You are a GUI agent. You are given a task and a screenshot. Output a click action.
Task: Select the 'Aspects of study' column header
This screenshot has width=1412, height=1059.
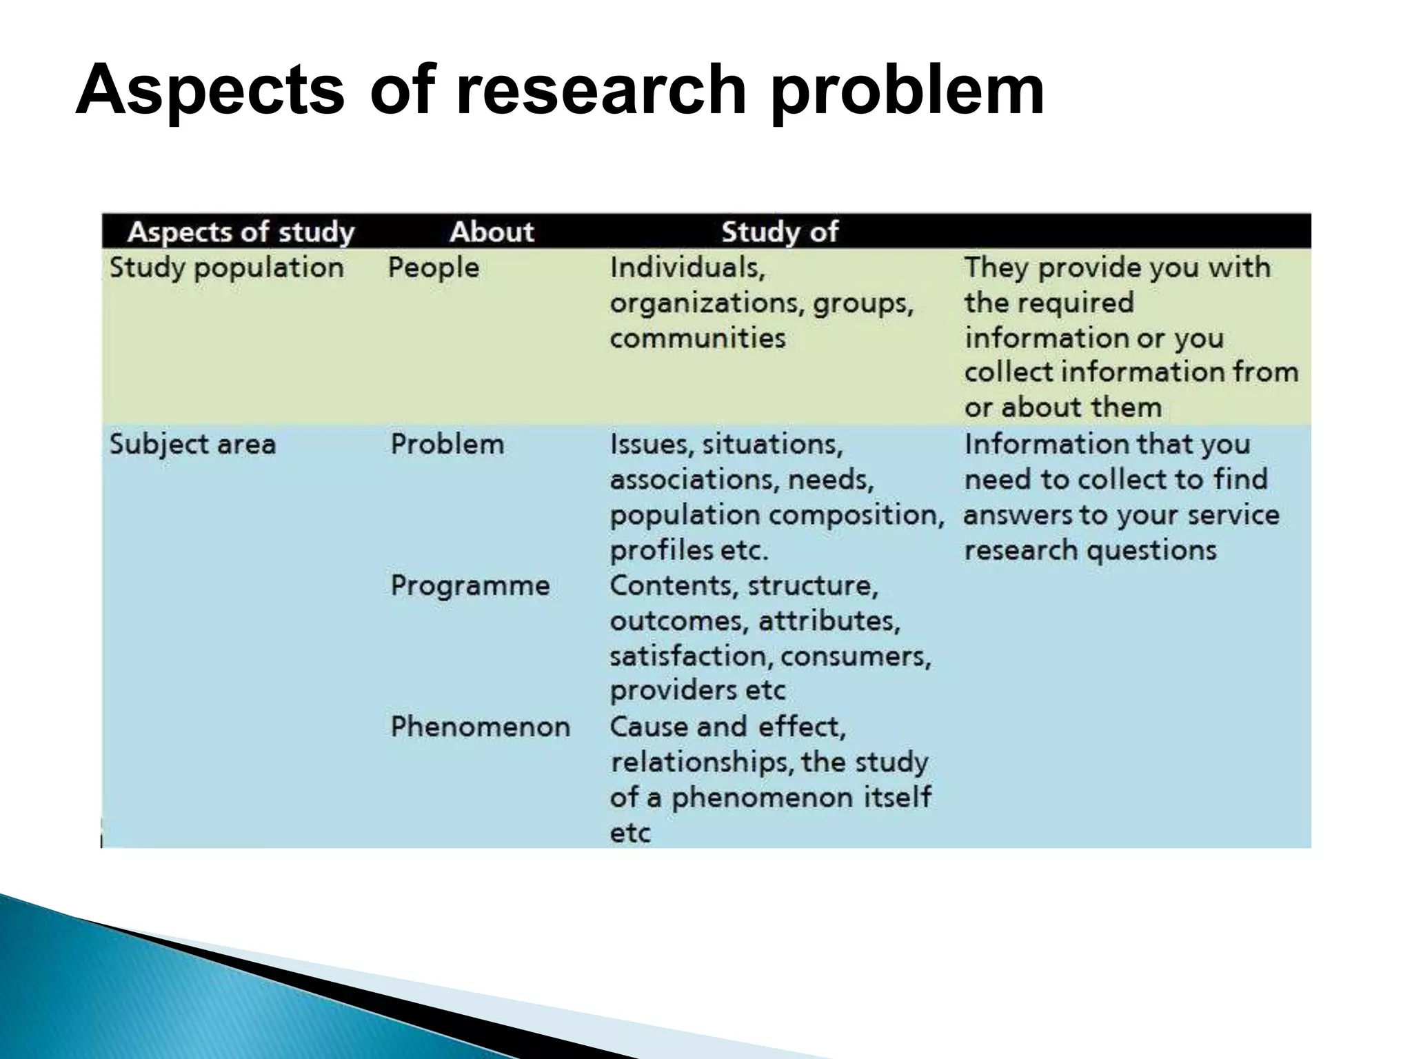pos(241,232)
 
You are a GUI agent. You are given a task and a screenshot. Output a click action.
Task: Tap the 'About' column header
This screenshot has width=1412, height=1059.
pos(492,232)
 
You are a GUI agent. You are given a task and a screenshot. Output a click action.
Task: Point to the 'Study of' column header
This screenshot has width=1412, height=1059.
pos(780,232)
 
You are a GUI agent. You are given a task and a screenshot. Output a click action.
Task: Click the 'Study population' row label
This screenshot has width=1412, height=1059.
pos(227,268)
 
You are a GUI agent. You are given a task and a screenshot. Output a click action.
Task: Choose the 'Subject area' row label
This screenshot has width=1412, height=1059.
pos(192,444)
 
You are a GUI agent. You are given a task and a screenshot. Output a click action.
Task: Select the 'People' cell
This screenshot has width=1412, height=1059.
pos(433,268)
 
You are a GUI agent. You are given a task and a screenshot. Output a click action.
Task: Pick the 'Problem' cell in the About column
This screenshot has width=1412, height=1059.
pos(447,444)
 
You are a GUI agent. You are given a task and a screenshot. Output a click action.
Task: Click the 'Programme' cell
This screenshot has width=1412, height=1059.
pos(470,586)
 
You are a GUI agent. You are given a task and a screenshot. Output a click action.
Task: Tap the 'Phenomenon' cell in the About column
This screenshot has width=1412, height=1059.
pos(480,727)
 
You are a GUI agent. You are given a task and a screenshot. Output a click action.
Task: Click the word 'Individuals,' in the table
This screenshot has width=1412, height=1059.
pos(687,268)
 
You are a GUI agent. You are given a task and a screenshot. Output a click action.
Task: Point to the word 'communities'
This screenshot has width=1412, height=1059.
pos(697,338)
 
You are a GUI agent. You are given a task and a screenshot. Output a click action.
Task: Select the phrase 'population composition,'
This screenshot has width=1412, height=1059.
pos(777,515)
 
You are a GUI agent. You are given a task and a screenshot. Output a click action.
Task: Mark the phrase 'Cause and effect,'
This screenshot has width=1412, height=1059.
pos(727,727)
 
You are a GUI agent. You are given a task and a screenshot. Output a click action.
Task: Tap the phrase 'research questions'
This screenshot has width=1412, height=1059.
pos(1090,550)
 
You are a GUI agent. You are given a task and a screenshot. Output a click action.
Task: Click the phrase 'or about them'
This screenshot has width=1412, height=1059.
pos(1062,407)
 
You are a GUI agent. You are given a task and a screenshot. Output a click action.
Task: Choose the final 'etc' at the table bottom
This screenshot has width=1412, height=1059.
pos(630,833)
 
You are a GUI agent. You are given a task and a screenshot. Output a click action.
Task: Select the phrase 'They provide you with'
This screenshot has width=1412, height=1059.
pos(1117,268)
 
